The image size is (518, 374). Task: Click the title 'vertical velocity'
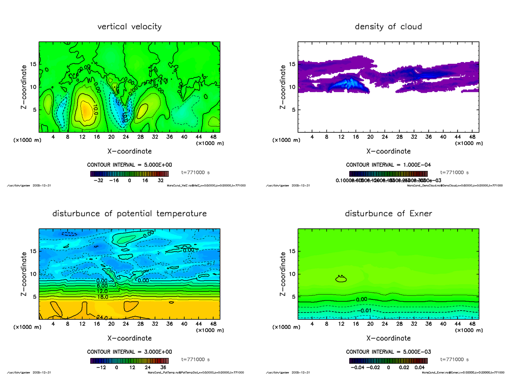coord(129,27)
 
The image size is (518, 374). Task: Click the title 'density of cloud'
coord(388,27)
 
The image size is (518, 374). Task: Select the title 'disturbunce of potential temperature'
coord(129,214)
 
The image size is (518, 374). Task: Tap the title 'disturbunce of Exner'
coord(388,214)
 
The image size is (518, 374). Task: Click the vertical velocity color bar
coord(129,174)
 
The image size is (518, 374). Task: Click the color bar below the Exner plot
coord(388,361)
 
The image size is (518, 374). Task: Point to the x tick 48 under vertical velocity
coord(213,137)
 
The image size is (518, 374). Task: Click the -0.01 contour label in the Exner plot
coord(365,311)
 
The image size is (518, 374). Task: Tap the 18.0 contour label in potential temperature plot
coord(102,297)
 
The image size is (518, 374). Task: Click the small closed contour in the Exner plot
coord(341,279)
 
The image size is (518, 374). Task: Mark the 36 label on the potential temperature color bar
coord(164,368)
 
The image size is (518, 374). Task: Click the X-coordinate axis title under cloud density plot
coord(388,151)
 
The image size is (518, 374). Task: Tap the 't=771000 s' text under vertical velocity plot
coord(196,172)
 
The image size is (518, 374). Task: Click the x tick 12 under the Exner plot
coord(341,324)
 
